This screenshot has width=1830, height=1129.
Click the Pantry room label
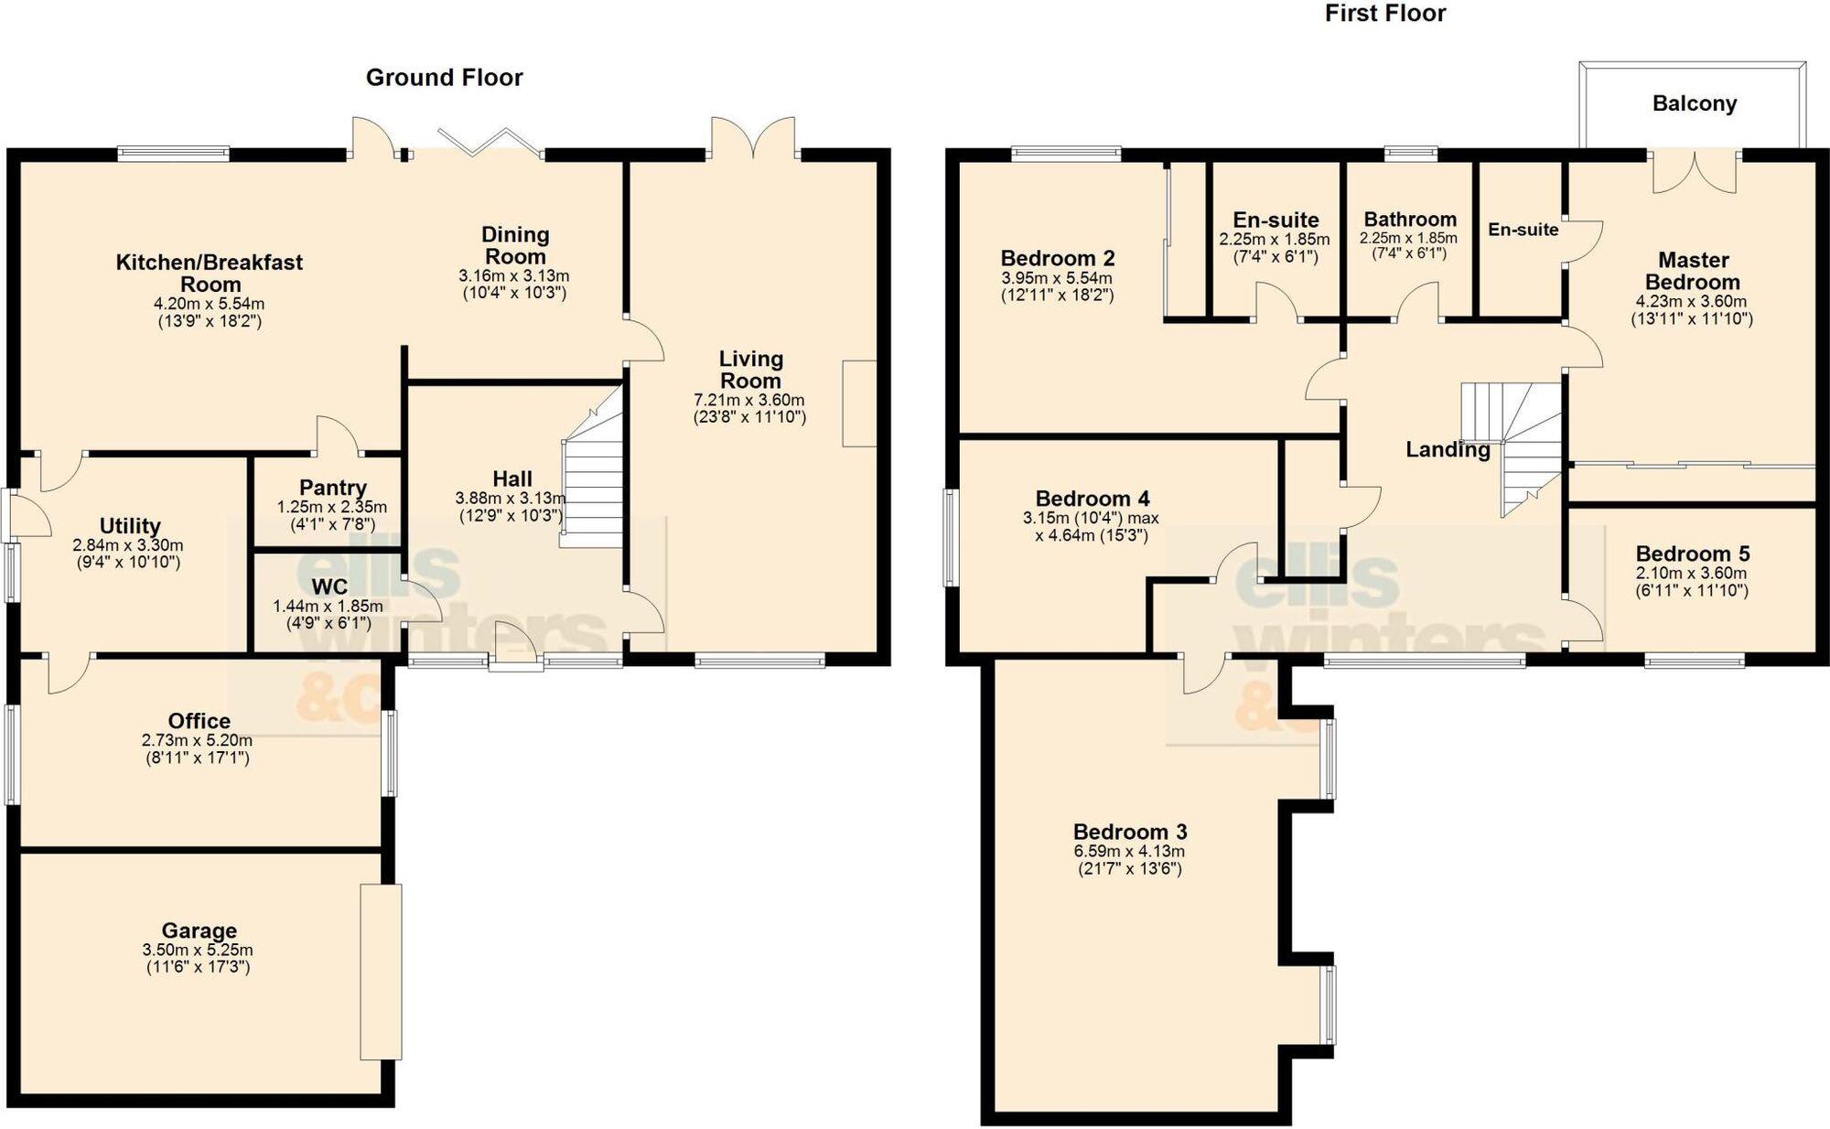[332, 488]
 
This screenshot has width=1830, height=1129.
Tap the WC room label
[329, 586]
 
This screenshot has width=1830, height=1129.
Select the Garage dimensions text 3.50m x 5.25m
[198, 951]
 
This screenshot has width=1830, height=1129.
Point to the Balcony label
[1694, 103]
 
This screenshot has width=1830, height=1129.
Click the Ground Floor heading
[444, 78]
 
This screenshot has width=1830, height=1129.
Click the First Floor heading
[1384, 14]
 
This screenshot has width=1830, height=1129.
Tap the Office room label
[199, 721]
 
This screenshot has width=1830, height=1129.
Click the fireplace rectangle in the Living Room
[858, 403]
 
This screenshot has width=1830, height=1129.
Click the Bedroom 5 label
[1692, 554]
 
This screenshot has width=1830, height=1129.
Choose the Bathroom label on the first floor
[1409, 220]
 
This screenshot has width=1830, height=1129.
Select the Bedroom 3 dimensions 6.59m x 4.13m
[1129, 851]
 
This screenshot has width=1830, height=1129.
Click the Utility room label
[130, 526]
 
